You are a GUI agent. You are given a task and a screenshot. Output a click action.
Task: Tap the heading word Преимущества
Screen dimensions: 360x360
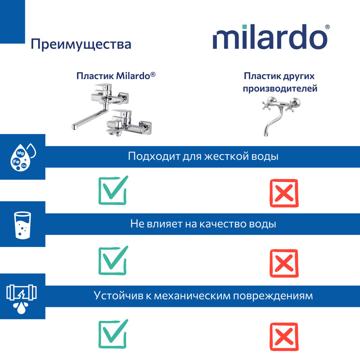[x=81, y=45]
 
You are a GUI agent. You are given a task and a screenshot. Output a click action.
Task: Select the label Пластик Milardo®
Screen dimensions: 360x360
[x=116, y=75]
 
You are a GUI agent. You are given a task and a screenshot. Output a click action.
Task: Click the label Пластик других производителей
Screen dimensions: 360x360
[x=280, y=82]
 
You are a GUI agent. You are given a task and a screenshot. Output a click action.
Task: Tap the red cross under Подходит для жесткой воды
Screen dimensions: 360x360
[x=283, y=193]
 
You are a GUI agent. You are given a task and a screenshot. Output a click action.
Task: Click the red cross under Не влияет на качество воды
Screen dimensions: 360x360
[x=283, y=262]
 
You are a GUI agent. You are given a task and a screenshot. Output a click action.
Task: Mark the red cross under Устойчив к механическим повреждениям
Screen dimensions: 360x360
[x=283, y=335]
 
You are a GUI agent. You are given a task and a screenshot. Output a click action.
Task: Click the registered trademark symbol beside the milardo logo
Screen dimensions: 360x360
[x=327, y=27]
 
